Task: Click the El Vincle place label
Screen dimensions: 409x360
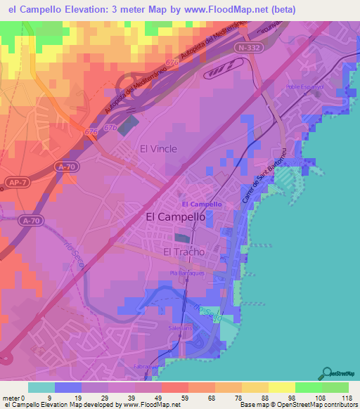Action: click(158, 148)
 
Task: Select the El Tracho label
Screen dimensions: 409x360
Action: click(184, 252)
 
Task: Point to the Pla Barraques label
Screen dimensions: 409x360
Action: click(186, 272)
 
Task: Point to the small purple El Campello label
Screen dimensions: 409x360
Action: click(202, 204)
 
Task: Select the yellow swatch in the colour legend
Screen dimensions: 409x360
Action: click(281, 387)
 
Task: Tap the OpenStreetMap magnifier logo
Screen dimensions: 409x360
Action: click(328, 372)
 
